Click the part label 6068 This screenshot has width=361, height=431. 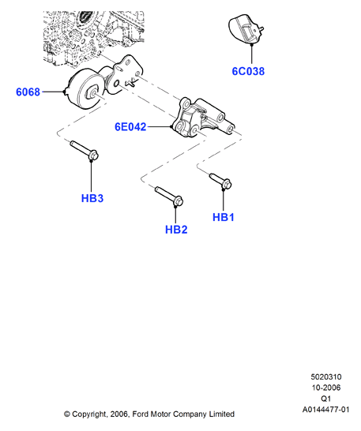[28, 92]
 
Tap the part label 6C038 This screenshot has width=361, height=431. [248, 71]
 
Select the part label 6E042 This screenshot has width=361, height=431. [130, 127]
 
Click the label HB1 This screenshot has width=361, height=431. [224, 217]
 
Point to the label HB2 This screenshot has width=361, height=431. [176, 230]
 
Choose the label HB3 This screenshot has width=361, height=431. [92, 198]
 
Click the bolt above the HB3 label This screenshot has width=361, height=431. [85, 150]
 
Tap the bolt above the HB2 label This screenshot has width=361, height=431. [169, 196]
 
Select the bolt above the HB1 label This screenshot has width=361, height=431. [220, 181]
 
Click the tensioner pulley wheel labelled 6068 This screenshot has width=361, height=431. [84, 88]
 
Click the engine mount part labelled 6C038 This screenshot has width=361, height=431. [246, 29]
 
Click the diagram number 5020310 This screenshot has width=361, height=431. [326, 377]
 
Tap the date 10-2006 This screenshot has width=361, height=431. [326, 388]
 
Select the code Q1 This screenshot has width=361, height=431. [326, 399]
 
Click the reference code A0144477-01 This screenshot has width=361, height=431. [326, 410]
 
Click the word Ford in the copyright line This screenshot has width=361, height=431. [139, 414]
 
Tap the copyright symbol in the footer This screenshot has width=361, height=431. [67, 414]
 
